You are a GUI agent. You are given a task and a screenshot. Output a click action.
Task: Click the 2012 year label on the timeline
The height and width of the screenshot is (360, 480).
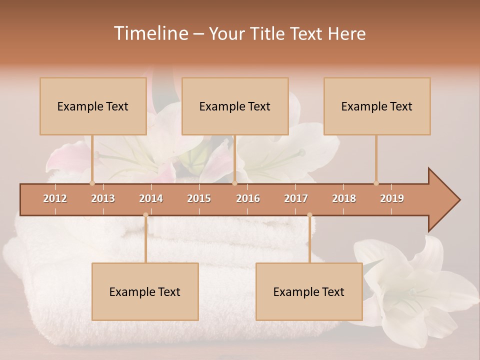(x=55, y=198)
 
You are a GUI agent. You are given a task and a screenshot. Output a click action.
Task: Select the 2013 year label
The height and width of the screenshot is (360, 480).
(x=103, y=198)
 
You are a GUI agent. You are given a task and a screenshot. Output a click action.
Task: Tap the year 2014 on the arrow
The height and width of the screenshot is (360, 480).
(x=151, y=198)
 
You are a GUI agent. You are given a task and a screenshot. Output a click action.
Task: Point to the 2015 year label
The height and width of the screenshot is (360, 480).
(x=199, y=198)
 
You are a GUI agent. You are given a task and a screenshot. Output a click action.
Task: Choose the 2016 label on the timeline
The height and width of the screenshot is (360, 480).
(x=248, y=198)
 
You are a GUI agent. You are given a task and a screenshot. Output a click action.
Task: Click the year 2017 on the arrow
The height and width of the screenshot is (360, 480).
(x=296, y=198)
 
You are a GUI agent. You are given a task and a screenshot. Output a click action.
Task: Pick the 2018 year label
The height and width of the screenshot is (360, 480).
(x=344, y=198)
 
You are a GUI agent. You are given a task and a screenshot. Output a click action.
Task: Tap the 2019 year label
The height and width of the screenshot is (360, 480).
(x=392, y=198)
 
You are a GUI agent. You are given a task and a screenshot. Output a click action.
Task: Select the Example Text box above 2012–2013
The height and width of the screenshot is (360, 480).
(x=93, y=106)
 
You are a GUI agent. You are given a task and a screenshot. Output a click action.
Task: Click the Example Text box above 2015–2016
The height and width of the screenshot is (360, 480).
(x=235, y=106)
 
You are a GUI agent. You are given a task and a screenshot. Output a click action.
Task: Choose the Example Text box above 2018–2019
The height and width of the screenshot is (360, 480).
(x=377, y=106)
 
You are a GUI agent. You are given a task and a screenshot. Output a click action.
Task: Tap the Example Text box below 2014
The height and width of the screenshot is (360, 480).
(x=145, y=292)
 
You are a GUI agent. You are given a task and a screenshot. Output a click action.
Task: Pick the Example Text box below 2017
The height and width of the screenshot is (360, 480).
(x=309, y=292)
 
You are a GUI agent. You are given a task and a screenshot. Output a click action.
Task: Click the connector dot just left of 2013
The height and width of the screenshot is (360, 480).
(x=92, y=183)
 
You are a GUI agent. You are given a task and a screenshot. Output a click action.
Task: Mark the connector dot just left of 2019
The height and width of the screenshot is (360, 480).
(x=376, y=183)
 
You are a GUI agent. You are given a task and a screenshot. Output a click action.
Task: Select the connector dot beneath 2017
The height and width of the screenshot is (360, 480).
(x=309, y=215)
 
